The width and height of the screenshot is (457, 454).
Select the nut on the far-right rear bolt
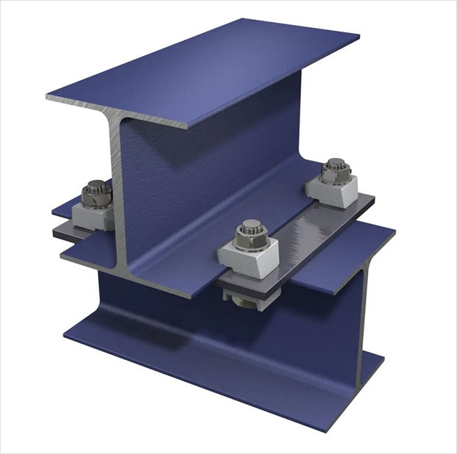[x=336, y=174]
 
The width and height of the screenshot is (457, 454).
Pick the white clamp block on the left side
[x=92, y=215]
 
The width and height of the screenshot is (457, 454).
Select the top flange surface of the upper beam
[x=213, y=66]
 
